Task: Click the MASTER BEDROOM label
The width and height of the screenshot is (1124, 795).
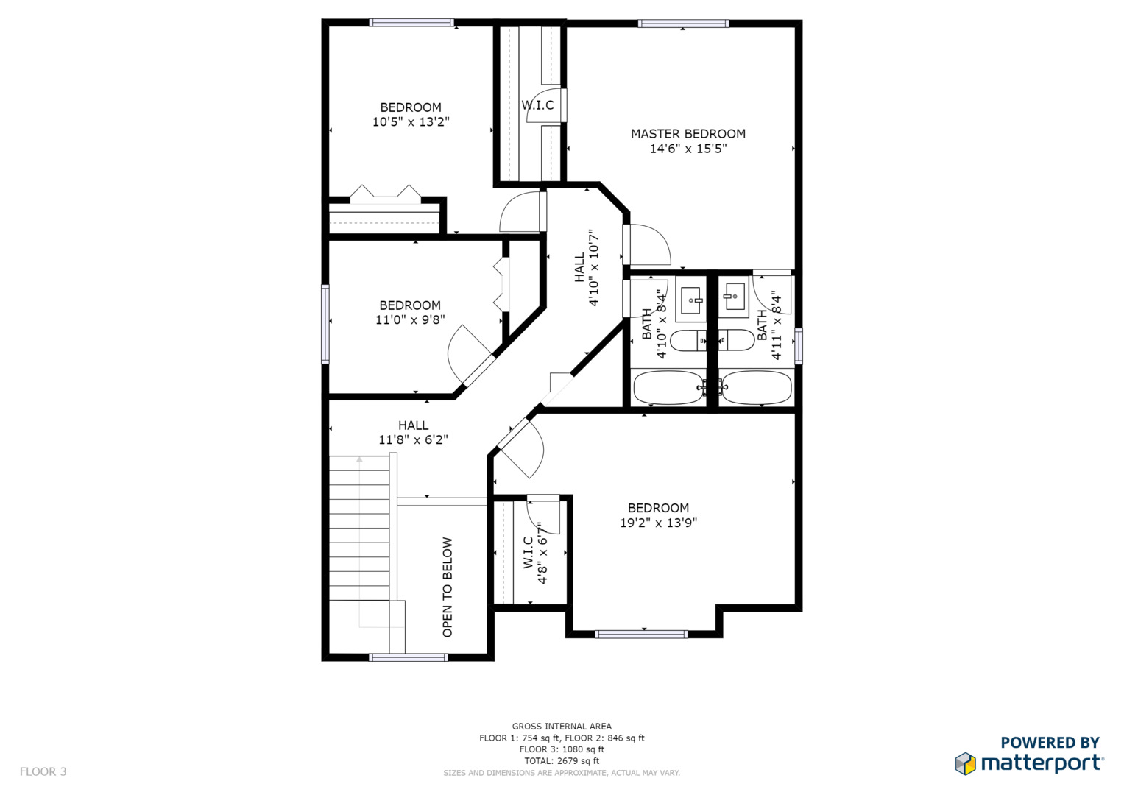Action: (688, 134)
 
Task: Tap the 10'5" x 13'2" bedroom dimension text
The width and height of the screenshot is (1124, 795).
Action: (411, 122)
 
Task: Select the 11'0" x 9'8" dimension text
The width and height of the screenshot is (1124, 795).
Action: (410, 319)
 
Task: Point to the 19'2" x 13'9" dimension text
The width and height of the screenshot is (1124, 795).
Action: (658, 523)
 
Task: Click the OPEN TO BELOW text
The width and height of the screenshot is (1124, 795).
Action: (448, 587)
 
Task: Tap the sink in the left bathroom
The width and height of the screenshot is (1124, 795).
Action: (691, 300)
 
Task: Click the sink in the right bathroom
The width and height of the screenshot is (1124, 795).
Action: (734, 297)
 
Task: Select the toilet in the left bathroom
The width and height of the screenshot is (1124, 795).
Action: (688, 341)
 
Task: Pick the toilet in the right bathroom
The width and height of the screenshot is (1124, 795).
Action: (737, 340)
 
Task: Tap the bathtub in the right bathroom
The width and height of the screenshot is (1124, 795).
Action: (757, 387)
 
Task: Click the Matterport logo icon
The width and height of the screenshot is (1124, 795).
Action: (965, 763)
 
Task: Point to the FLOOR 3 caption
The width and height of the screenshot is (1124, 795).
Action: (43, 771)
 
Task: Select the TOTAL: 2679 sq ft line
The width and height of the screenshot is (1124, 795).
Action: (562, 761)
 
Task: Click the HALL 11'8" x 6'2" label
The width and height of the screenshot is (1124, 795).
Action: (413, 433)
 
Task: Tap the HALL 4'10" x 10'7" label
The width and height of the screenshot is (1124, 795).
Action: (587, 268)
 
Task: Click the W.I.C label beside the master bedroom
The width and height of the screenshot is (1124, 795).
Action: (537, 105)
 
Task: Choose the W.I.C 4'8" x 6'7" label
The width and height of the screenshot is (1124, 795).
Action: (535, 553)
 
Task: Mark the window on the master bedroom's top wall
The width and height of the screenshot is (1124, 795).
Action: (683, 24)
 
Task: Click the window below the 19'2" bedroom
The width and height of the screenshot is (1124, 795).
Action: (641, 635)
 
